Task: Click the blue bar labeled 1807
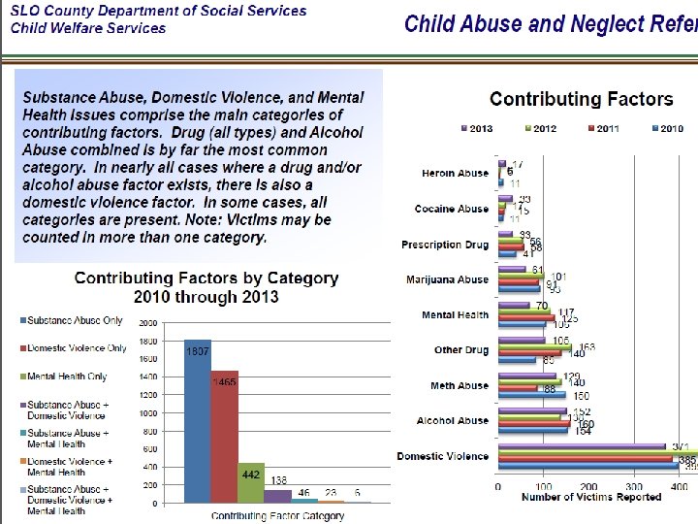click(x=198, y=422)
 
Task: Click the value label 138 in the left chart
click(x=277, y=481)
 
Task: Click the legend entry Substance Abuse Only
click(x=72, y=320)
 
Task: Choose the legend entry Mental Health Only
click(x=67, y=377)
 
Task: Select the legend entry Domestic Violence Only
click(x=77, y=348)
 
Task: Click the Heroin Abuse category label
click(x=455, y=174)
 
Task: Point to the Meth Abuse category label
click(x=459, y=386)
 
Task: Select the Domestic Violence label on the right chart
click(x=443, y=456)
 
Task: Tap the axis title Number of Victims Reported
click(x=591, y=498)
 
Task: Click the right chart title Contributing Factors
click(x=581, y=99)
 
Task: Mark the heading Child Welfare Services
click(x=88, y=28)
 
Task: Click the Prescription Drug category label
click(x=445, y=245)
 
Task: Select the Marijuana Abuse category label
click(x=449, y=279)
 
